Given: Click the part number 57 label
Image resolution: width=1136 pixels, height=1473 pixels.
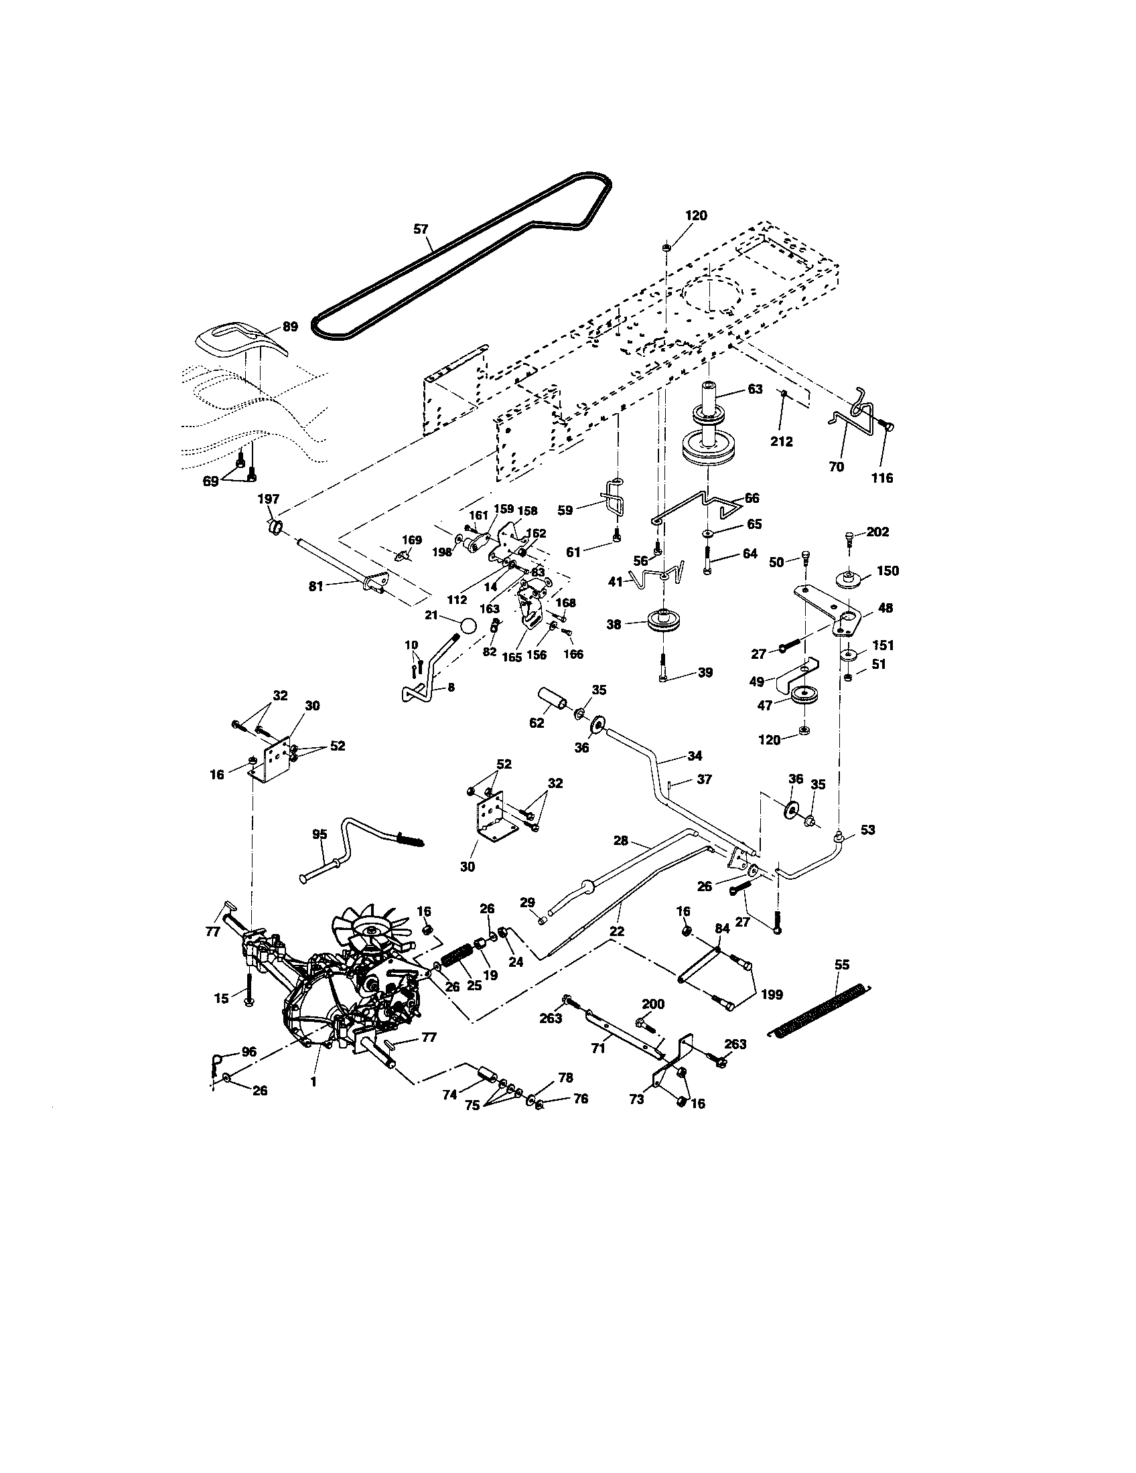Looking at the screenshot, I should click(x=421, y=229).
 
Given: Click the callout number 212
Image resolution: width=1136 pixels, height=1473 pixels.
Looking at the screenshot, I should click(x=782, y=442).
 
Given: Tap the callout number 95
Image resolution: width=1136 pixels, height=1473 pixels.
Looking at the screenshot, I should click(x=319, y=834).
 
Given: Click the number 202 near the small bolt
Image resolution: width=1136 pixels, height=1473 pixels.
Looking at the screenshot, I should click(x=877, y=532).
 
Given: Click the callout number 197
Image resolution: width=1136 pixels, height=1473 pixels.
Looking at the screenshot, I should click(x=269, y=499).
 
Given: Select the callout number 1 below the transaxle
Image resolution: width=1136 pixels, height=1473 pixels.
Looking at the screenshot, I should click(x=313, y=1081).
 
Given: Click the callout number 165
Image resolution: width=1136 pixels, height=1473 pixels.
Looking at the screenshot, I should click(x=512, y=657).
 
